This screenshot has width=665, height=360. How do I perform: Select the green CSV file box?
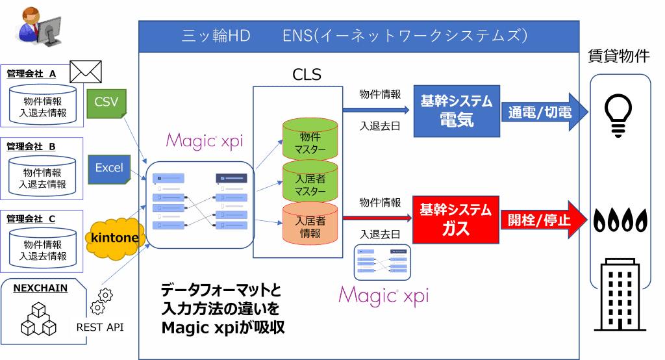tap(107, 103)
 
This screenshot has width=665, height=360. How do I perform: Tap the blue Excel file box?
tap(109, 168)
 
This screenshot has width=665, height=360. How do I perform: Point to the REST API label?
tap(100, 327)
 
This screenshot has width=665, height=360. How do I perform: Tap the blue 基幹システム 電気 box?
tap(457, 111)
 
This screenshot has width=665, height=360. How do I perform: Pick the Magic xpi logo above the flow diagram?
tap(199, 140)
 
